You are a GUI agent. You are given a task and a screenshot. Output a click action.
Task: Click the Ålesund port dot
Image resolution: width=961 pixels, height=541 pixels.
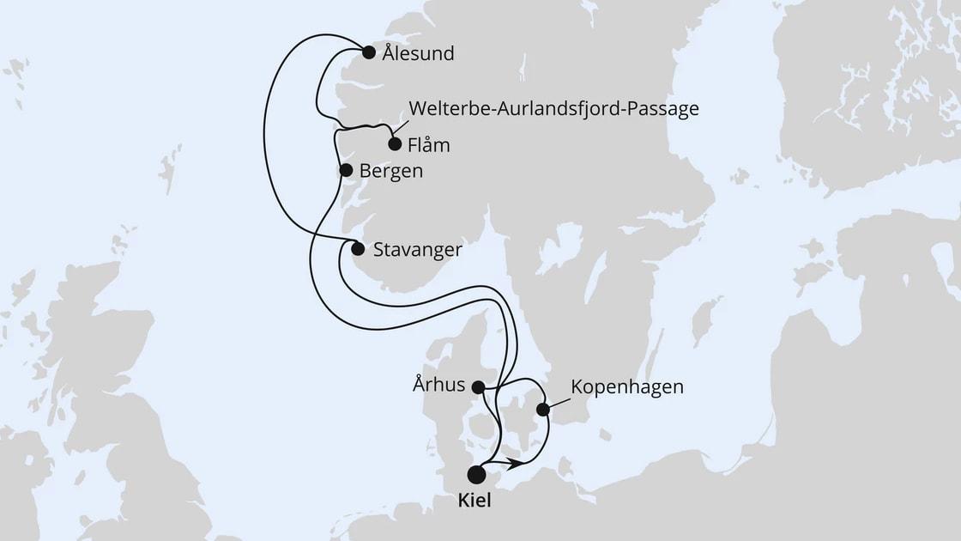[x=369, y=52]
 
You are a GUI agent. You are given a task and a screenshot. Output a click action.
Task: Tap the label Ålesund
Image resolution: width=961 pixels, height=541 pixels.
[x=420, y=54]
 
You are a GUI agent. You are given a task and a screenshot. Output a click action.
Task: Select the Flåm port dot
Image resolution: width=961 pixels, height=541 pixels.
[x=395, y=144]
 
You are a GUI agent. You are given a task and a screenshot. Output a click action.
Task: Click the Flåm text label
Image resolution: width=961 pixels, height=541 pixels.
[x=429, y=145]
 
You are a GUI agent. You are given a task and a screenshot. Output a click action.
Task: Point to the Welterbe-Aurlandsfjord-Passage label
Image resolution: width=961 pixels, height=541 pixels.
[x=554, y=109]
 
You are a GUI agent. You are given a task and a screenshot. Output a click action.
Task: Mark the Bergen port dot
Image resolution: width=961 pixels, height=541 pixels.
[x=346, y=170]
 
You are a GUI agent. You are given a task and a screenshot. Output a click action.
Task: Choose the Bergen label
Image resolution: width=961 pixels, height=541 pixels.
[x=391, y=171]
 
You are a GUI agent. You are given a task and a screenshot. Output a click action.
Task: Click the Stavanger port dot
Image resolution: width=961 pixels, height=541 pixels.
[x=358, y=249]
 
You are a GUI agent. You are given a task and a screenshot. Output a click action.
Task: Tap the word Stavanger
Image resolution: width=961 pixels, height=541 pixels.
[x=418, y=251]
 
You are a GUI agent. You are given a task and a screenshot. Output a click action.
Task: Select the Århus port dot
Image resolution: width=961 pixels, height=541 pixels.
[x=479, y=387]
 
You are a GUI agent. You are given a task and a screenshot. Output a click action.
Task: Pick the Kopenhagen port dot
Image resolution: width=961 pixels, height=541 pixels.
[x=543, y=410]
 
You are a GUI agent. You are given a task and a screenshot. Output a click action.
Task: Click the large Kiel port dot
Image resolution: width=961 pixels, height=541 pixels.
[x=476, y=474]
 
